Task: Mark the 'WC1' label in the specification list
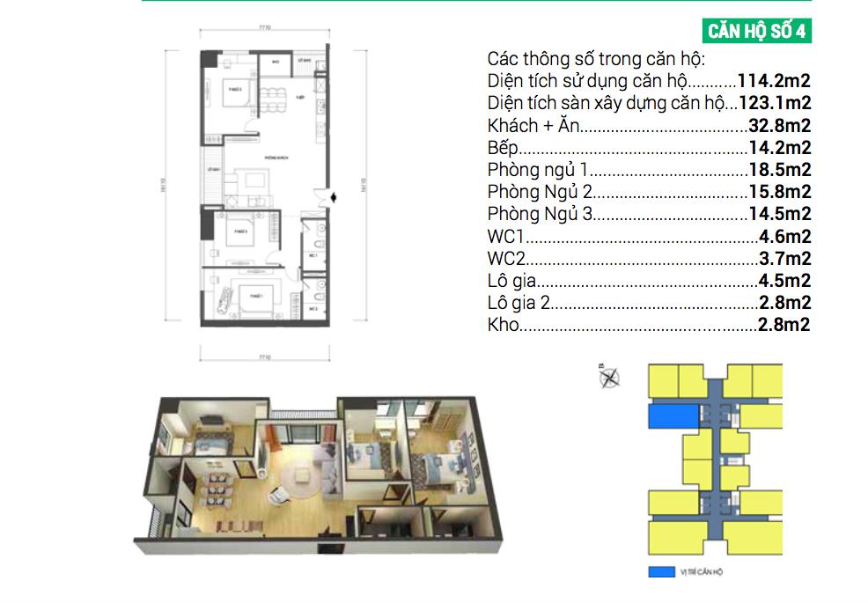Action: pos(505,236)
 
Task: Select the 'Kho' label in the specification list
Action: pos(504,325)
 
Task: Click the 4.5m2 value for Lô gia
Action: pos(783,281)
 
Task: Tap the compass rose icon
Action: pos(608,378)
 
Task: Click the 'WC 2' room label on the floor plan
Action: pos(313,310)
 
